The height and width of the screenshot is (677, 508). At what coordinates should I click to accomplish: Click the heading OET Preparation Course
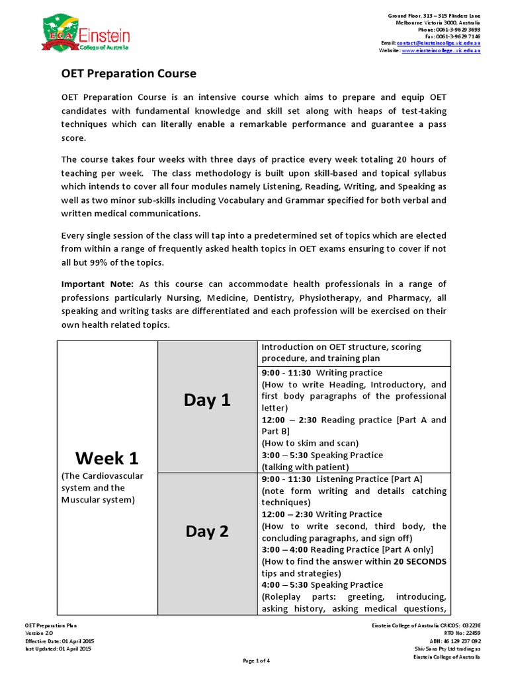129,73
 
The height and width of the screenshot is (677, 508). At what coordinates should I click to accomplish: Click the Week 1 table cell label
107,458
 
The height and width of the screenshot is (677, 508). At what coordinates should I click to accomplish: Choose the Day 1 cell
206,400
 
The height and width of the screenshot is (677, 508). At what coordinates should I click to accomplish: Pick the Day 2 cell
206,531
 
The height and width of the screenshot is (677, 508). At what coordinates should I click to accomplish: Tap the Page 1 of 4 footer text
253,660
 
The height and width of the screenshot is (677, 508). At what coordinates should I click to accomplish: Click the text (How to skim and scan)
310,443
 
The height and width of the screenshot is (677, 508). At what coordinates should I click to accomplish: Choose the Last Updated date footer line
58,649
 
